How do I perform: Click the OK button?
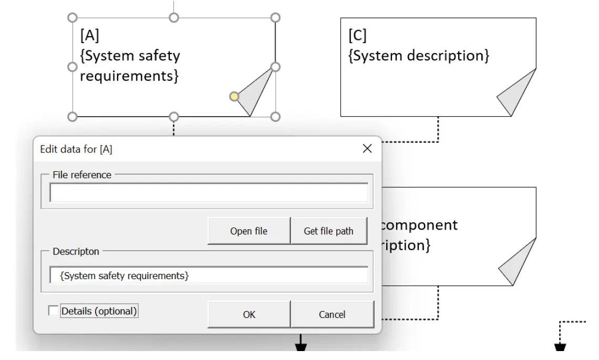pyautogui.click(x=249, y=314)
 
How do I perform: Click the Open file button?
pyautogui.click(x=249, y=231)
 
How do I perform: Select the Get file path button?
pyautogui.click(x=328, y=231)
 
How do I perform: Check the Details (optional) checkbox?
pyautogui.click(x=54, y=311)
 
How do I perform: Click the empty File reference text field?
pyautogui.click(x=209, y=193)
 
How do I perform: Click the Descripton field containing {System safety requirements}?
pyautogui.click(x=209, y=275)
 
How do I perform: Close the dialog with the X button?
pyautogui.click(x=367, y=149)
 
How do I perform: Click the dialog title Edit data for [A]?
pyautogui.click(x=76, y=149)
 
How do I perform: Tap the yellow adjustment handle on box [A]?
pyautogui.click(x=234, y=96)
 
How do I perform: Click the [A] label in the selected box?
pyautogui.click(x=89, y=36)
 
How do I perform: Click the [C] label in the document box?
pyautogui.click(x=358, y=36)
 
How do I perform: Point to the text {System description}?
pyautogui.click(x=419, y=55)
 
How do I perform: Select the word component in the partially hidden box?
pyautogui.click(x=418, y=225)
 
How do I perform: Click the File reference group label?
pyautogui.click(x=82, y=175)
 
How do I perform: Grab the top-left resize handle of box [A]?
pyautogui.click(x=73, y=18)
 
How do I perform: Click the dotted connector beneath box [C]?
pyautogui.click(x=438, y=130)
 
